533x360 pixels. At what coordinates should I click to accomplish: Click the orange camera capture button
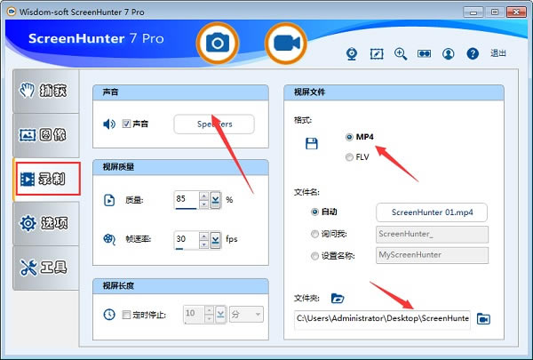tap(216, 43)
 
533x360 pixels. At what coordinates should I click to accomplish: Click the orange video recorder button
tap(285, 43)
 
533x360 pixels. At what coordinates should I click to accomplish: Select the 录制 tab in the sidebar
tap(47, 179)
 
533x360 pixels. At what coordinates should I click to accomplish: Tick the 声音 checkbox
tap(127, 124)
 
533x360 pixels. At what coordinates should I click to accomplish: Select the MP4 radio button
tap(349, 137)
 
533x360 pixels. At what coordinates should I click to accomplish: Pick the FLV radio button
tap(349, 157)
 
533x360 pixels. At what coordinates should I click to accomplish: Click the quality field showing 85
tap(186, 199)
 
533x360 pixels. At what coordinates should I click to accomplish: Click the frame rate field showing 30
tap(186, 239)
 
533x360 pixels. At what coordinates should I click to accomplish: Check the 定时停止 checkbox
tap(126, 314)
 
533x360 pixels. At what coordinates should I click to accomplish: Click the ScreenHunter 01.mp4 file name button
tap(432, 212)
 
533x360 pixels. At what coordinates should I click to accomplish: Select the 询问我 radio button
tap(315, 235)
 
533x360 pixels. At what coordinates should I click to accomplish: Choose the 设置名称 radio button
tap(315, 256)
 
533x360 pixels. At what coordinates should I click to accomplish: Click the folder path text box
tap(382, 318)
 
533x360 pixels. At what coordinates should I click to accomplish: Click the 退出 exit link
tap(498, 53)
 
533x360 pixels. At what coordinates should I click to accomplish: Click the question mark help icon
tap(473, 53)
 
